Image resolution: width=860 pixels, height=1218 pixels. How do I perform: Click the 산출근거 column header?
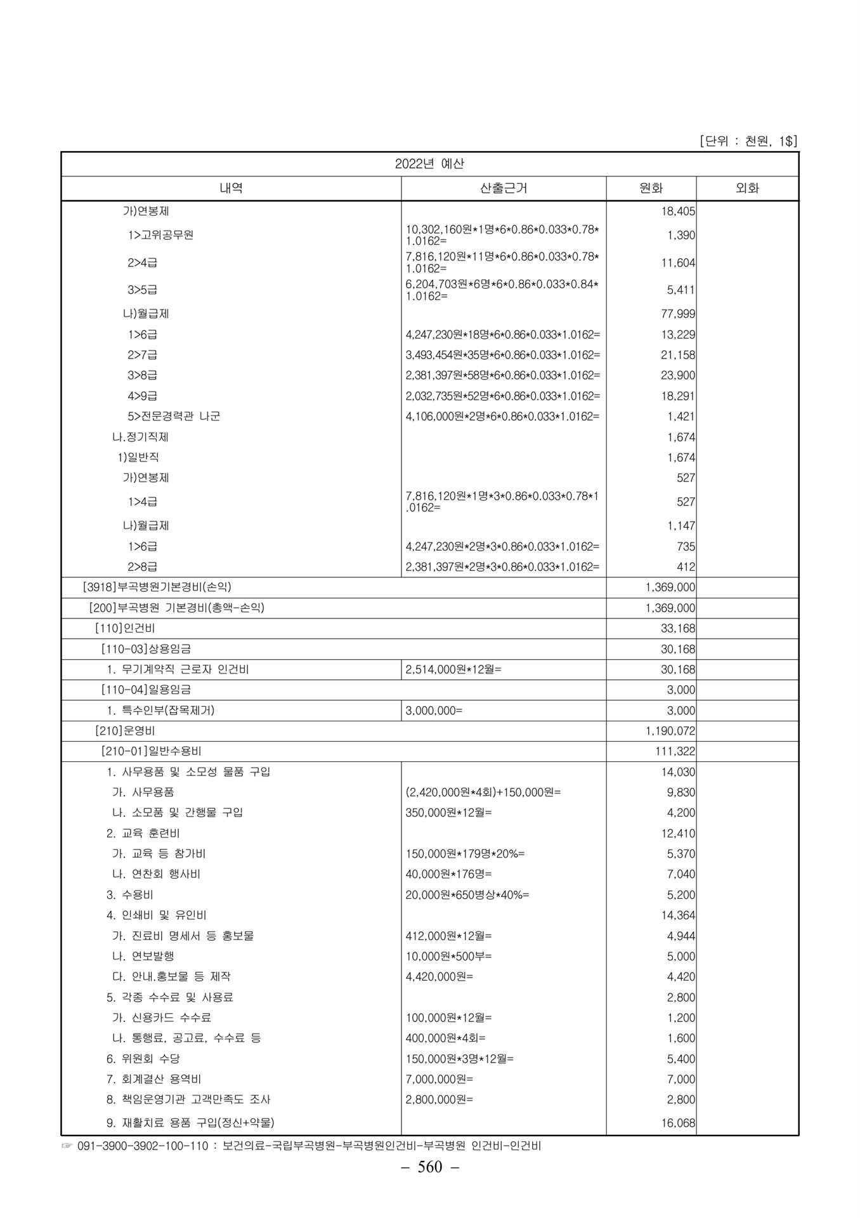pyautogui.click(x=504, y=188)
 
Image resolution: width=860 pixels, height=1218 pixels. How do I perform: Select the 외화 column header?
pyautogui.click(x=747, y=188)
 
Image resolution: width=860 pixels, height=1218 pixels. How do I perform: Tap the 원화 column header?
pyautogui.click(x=651, y=188)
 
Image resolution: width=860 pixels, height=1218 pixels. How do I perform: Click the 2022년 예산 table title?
pyautogui.click(x=429, y=164)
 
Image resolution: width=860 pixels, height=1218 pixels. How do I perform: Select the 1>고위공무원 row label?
pyautogui.click(x=160, y=235)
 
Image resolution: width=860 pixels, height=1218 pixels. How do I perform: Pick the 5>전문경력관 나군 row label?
pyautogui.click(x=174, y=416)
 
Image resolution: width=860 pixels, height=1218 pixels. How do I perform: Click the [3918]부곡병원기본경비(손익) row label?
pyautogui.click(x=162, y=587)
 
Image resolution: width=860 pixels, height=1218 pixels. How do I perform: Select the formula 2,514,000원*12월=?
pyautogui.click(x=453, y=669)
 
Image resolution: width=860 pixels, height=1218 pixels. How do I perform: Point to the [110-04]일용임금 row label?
pyautogui.click(x=146, y=690)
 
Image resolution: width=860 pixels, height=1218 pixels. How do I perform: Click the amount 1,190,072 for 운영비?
pyautogui.click(x=670, y=731)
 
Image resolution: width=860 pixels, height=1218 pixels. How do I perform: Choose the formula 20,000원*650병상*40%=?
pyautogui.click(x=467, y=894)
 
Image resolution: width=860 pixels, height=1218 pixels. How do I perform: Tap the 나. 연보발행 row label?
pyautogui.click(x=143, y=955)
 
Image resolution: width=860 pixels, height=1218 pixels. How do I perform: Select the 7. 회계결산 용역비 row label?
pyautogui.click(x=153, y=1078)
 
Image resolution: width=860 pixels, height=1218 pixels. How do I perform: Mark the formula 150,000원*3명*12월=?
pyautogui.click(x=460, y=1058)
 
